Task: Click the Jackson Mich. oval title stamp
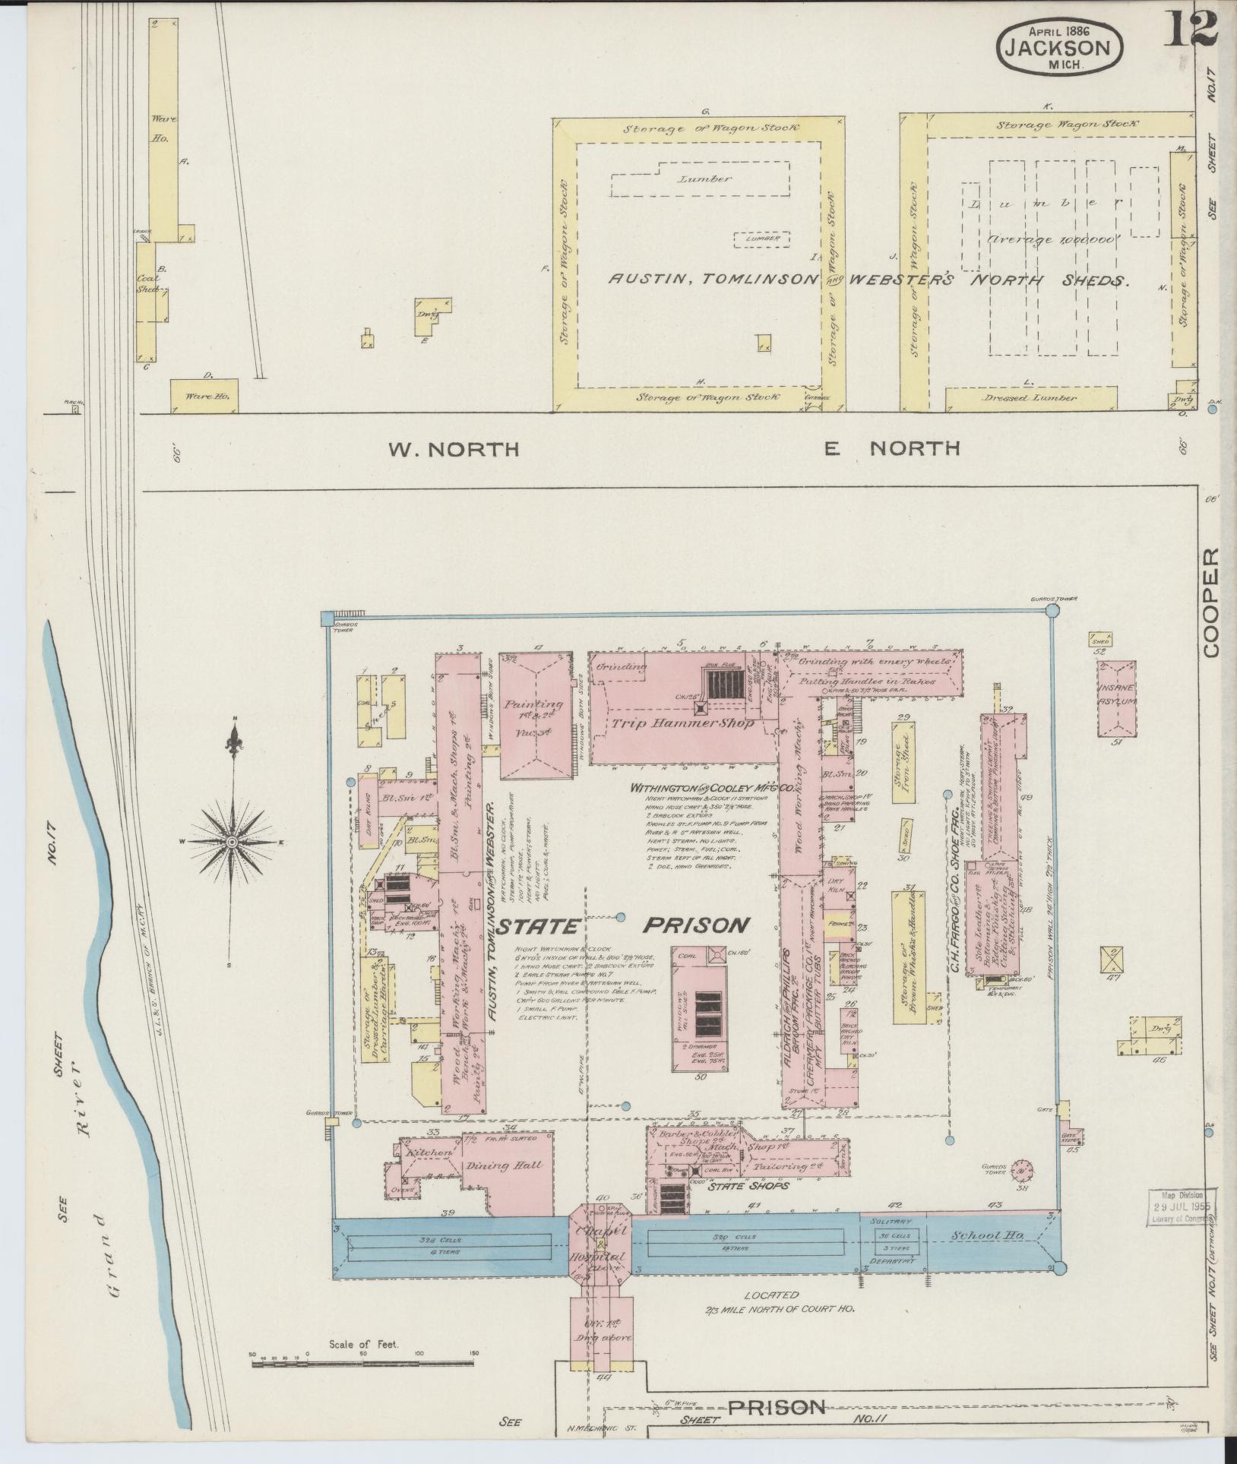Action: point(1060,46)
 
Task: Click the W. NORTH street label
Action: point(454,450)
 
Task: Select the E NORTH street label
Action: point(892,449)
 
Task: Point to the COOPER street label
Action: point(1211,602)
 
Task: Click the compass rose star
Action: point(232,843)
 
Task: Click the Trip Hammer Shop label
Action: point(682,724)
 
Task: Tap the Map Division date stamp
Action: point(1181,1208)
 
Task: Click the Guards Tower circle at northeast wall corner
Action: point(1052,611)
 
